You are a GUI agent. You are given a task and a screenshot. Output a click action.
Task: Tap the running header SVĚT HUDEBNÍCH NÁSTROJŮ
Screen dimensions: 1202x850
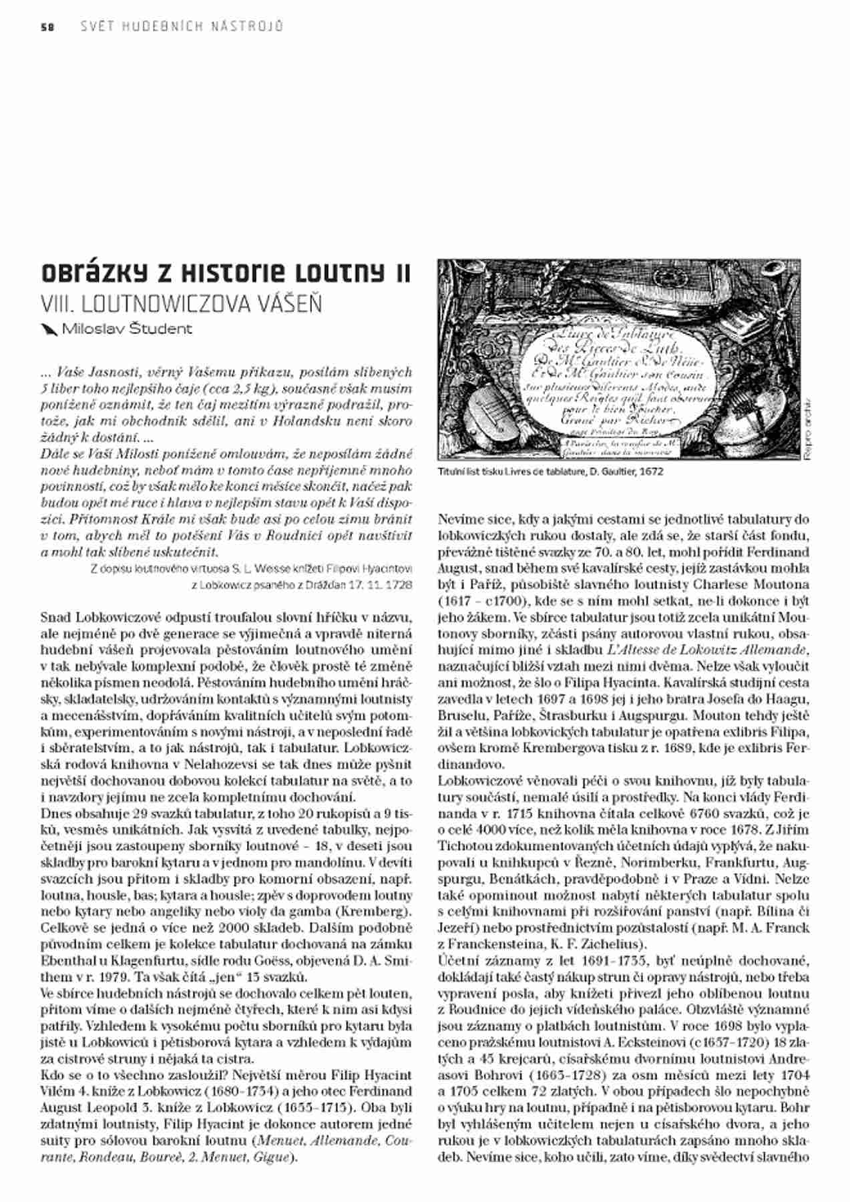(182, 27)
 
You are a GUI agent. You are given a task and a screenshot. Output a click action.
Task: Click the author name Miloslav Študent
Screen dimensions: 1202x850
(127, 329)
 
